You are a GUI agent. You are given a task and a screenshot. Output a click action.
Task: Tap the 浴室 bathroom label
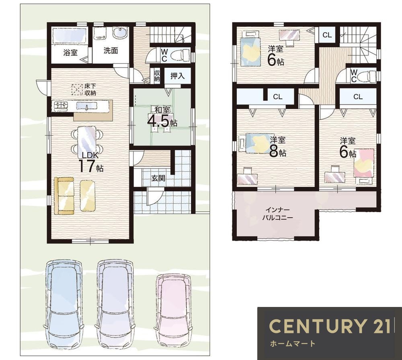click(x=70, y=53)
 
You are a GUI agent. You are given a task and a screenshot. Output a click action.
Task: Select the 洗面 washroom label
click(x=111, y=51)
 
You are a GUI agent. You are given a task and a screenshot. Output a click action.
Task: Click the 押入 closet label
click(x=177, y=76)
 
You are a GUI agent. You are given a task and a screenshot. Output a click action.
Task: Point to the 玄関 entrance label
click(x=158, y=178)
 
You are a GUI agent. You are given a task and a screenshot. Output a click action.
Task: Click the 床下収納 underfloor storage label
click(x=90, y=90)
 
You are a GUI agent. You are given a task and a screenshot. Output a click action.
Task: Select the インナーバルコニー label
click(x=277, y=214)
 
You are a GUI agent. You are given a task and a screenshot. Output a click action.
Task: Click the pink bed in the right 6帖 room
click(x=363, y=163)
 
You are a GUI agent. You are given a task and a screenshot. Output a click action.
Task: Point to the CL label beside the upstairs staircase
click(x=327, y=35)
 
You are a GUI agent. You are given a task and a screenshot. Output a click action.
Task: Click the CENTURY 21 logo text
click(x=330, y=326)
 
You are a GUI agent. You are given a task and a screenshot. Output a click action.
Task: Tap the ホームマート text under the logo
click(x=293, y=344)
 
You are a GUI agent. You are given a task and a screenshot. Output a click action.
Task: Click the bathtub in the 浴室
click(x=69, y=36)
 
